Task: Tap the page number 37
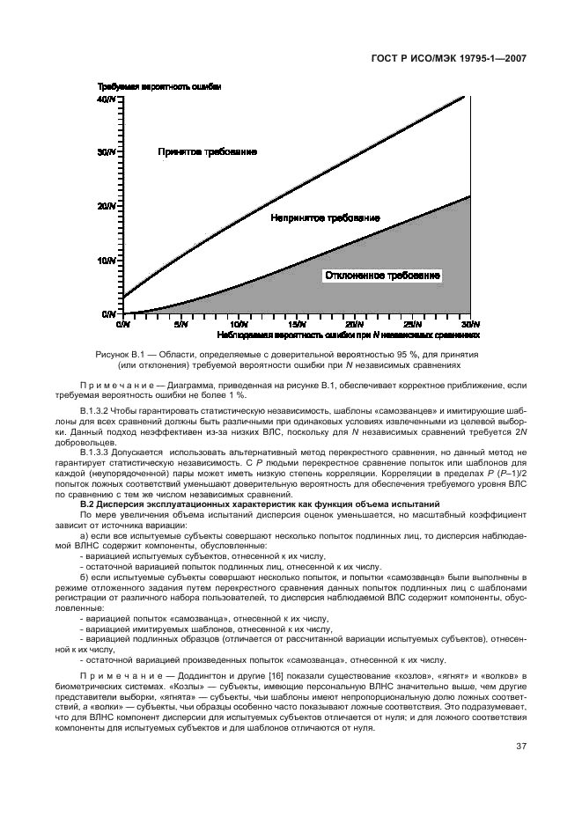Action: [521, 747]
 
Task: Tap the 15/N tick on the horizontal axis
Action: [297, 324]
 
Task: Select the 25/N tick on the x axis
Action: [412, 324]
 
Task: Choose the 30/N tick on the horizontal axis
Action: [468, 324]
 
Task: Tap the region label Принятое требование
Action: [207, 152]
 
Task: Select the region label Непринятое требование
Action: [325, 217]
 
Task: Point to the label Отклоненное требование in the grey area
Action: [382, 276]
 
